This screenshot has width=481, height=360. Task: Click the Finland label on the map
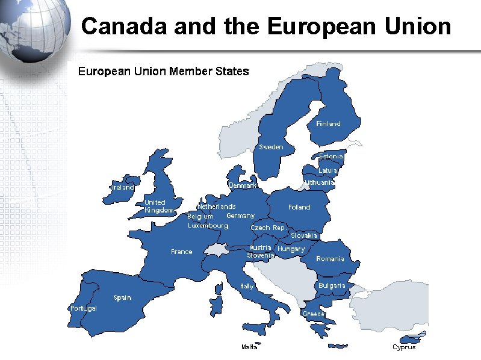(328, 123)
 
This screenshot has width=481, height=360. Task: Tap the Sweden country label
(271, 147)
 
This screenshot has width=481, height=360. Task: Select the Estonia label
(330, 157)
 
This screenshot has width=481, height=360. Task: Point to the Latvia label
(328, 170)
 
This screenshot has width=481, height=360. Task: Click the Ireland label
(123, 187)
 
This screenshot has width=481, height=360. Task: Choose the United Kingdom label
(158, 206)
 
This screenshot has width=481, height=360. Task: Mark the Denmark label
(243, 185)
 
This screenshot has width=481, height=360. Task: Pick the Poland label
(299, 207)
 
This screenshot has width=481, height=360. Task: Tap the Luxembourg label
(208, 226)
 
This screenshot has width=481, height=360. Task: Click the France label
(182, 252)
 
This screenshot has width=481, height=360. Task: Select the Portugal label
(84, 308)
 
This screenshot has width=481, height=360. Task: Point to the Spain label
(122, 297)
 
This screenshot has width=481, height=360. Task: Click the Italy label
(247, 287)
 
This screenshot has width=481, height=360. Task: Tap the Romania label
(330, 259)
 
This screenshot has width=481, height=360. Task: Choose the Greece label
(314, 314)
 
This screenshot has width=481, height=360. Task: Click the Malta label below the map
(249, 347)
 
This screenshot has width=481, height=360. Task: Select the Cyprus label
(404, 347)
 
